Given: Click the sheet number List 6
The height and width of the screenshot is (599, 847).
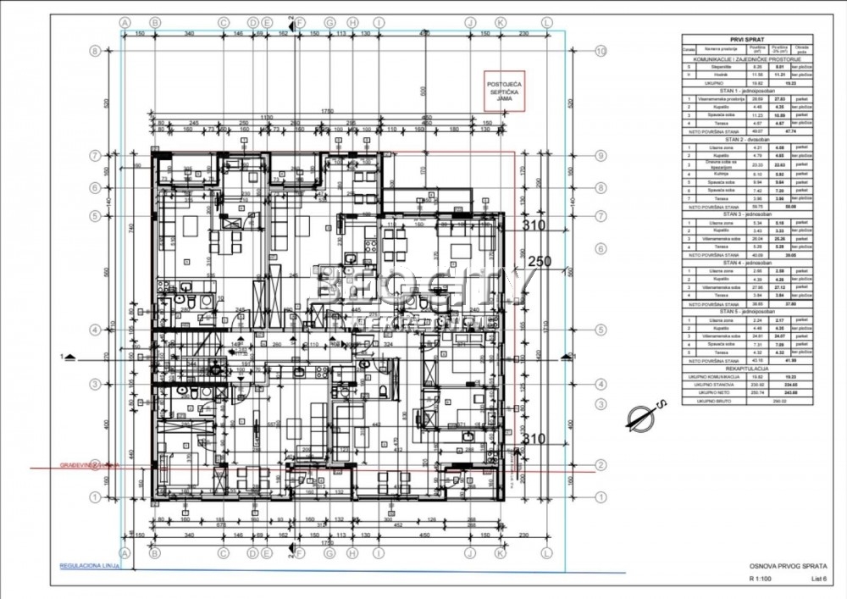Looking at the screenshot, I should coord(818,580).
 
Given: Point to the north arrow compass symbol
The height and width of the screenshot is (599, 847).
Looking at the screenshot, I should coord(643,416).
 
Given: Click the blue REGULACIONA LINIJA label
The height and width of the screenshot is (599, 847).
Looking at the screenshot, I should coord(86,565).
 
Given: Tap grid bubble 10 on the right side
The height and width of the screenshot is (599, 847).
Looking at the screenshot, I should coord(601,51).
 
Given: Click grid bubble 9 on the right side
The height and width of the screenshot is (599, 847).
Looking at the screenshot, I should coord(601,155).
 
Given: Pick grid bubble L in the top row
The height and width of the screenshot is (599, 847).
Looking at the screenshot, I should coord(546,22).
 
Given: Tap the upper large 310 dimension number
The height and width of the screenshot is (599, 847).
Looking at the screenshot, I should coord(534,226).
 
